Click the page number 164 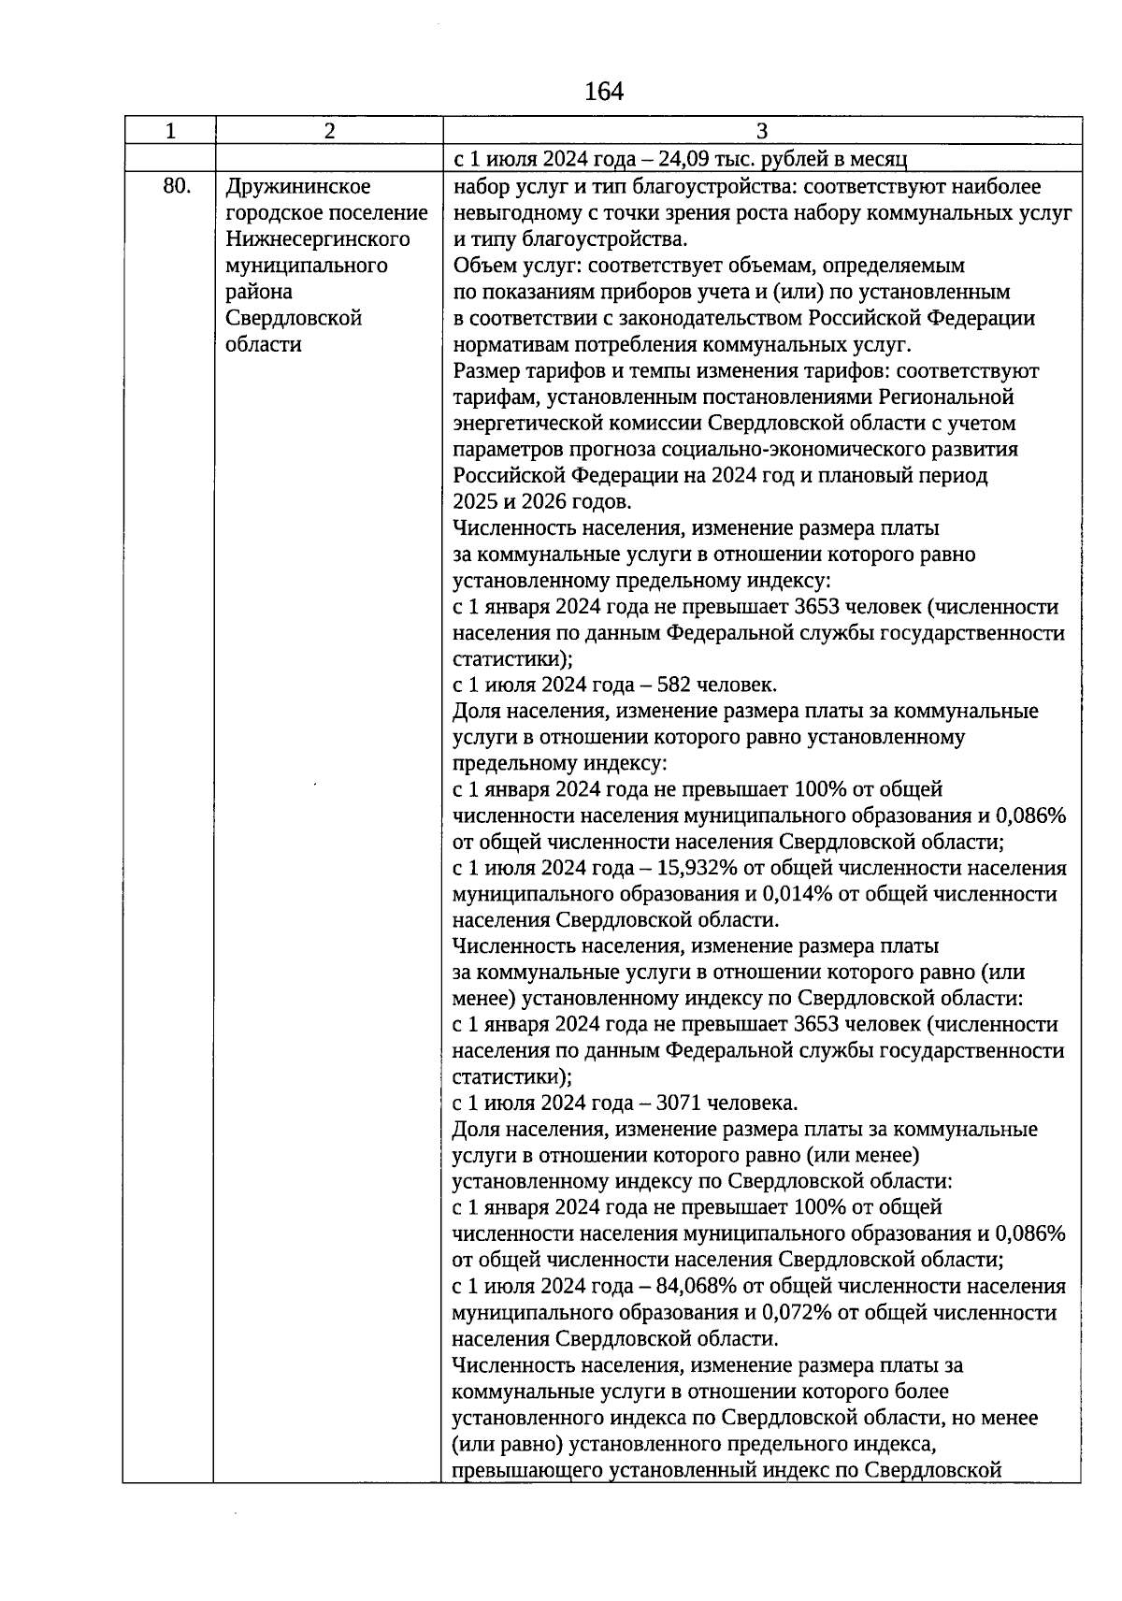603,92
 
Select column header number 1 170,131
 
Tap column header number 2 329,131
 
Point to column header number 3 761,131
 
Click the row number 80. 177,186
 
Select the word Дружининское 298,187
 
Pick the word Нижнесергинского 318,239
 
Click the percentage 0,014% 798,894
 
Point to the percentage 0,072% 798,1313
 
